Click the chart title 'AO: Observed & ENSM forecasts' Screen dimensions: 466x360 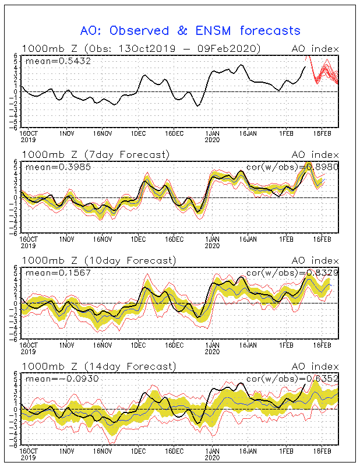click(x=190, y=30)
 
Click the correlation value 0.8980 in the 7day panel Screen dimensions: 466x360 click(x=320, y=167)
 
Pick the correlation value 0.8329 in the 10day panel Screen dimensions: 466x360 click(x=320, y=273)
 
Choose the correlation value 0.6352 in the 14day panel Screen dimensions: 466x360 click(x=320, y=379)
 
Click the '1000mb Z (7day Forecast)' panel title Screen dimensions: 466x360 click(x=96, y=154)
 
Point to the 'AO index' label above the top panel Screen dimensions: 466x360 click(x=315, y=48)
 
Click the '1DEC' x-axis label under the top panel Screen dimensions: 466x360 click(x=138, y=133)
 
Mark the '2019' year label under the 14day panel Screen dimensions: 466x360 click(x=27, y=458)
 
